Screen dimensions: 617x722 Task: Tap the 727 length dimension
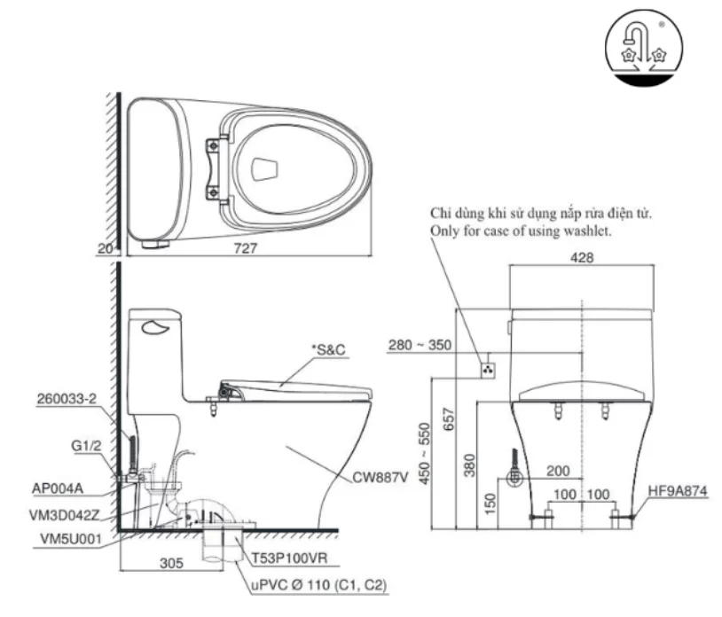click(246, 250)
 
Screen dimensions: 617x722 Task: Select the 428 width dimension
click(581, 258)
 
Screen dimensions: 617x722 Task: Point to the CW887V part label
click(381, 478)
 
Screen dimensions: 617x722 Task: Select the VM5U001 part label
click(62, 537)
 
